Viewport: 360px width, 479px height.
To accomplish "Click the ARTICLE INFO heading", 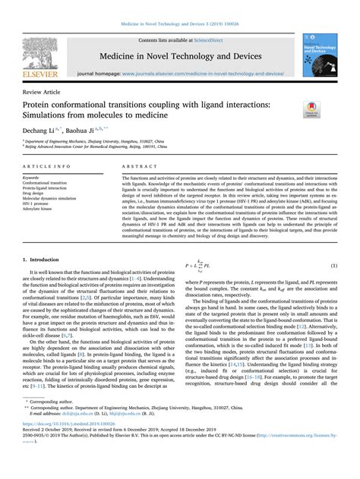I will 49,165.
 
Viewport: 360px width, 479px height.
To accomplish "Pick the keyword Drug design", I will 39,191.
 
